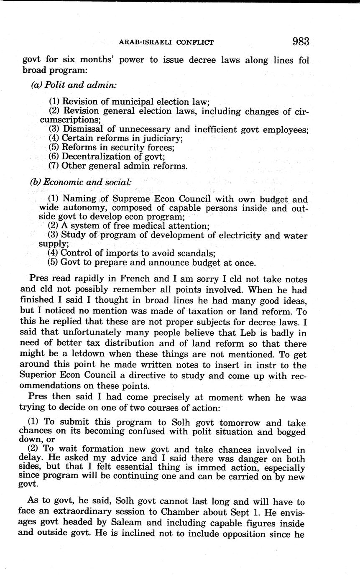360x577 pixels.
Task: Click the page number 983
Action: (x=301, y=41)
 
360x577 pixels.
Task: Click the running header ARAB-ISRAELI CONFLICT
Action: (x=166, y=42)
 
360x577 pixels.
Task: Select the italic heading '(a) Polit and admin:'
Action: (x=74, y=84)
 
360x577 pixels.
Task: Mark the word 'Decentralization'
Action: (x=95, y=157)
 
